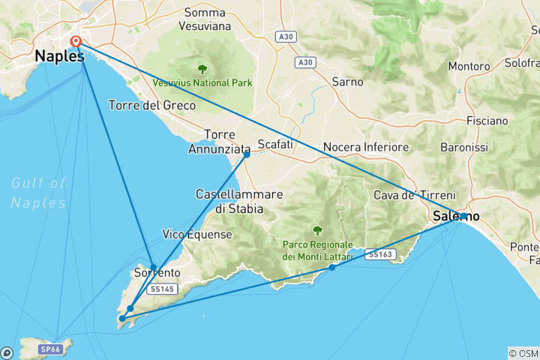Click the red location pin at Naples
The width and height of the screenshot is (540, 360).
76,43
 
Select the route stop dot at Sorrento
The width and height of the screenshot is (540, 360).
153,267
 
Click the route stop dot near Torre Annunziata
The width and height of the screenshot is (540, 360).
246,154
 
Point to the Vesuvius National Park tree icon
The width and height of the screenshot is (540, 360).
202,68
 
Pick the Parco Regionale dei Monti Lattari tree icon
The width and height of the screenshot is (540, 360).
317,230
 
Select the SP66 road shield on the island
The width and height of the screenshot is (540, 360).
49,349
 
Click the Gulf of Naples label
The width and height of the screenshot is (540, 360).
39,192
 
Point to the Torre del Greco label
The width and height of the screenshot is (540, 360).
152,106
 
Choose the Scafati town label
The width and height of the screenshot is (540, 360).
274,143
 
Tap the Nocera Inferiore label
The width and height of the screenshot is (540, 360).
365,147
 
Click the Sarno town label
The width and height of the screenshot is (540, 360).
346,82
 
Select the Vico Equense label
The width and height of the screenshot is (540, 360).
197,235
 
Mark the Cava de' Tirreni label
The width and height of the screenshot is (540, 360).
406,196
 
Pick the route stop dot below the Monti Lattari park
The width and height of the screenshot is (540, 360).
331,268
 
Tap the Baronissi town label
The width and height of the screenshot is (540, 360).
484,148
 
